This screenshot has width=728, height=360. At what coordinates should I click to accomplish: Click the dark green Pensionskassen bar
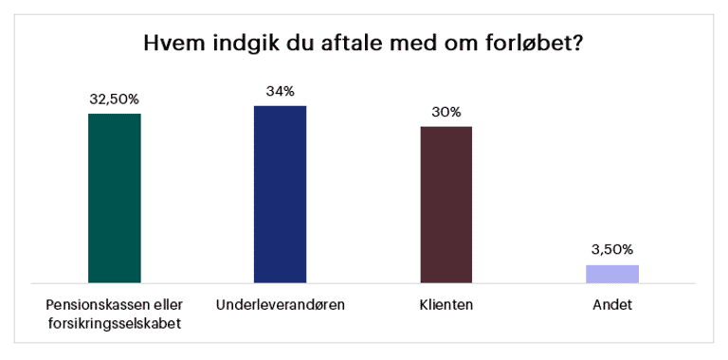pyautogui.click(x=114, y=198)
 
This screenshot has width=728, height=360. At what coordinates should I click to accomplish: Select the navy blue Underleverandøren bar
pyautogui.click(x=280, y=194)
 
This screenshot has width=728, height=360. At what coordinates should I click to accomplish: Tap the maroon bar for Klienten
pyautogui.click(x=446, y=205)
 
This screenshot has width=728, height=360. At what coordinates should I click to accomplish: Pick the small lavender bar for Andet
pyautogui.click(x=612, y=274)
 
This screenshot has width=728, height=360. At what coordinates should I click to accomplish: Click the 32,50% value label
pyautogui.click(x=114, y=99)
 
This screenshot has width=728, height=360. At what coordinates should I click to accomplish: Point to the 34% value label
pyautogui.click(x=280, y=91)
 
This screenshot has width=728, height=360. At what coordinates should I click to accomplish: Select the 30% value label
pyautogui.click(x=446, y=113)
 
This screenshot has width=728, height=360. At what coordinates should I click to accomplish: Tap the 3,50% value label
pyautogui.click(x=612, y=250)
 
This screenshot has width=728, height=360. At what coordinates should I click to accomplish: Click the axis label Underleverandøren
pyautogui.click(x=281, y=305)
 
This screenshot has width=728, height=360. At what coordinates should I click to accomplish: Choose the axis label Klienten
pyautogui.click(x=446, y=305)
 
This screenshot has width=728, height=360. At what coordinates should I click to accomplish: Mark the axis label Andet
pyautogui.click(x=612, y=305)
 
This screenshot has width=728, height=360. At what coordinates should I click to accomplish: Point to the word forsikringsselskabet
pyautogui.click(x=114, y=323)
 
